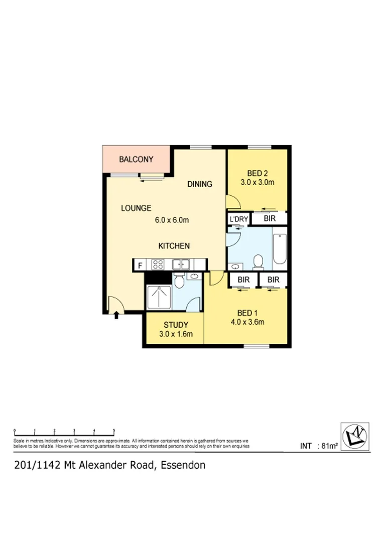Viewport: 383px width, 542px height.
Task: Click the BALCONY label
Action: click(x=136, y=160)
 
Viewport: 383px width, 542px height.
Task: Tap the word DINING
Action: click(x=200, y=184)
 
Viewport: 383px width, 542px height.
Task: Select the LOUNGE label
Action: click(x=136, y=208)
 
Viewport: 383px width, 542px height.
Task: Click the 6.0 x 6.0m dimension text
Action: click(x=171, y=220)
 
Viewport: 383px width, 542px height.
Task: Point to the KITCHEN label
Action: click(x=174, y=246)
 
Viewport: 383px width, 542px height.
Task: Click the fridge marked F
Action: click(x=140, y=265)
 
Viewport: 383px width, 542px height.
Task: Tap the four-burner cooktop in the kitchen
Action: click(x=158, y=264)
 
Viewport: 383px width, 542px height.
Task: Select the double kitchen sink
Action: click(x=180, y=264)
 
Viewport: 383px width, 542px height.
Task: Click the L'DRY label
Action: click(x=238, y=219)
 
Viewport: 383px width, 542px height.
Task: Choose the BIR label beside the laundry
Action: click(x=269, y=219)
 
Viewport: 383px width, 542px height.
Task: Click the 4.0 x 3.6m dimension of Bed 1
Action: click(x=247, y=322)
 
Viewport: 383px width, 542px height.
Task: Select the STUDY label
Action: click(x=176, y=324)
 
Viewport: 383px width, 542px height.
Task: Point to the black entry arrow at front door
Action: click(x=116, y=315)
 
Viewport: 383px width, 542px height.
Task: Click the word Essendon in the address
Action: click(x=183, y=465)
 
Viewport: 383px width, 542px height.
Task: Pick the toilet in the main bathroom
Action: click(x=259, y=261)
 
